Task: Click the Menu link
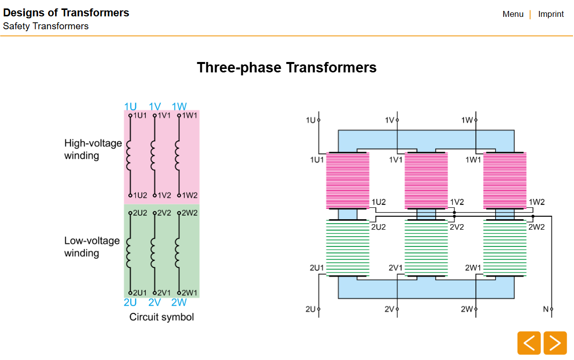coord(513,14)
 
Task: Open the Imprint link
coord(551,14)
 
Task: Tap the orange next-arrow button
coord(555,343)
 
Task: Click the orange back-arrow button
coord(529,343)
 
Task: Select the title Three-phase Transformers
coord(287,67)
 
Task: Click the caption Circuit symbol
coord(162,317)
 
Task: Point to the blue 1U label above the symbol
coord(130,107)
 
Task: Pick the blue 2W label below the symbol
coord(179,302)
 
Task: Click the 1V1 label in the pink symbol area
coord(164,115)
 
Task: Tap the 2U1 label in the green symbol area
coord(140,293)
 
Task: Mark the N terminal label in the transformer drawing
coord(546,309)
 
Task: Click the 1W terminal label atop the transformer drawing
coord(466,120)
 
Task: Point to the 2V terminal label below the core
coord(389,309)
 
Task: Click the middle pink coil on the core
coord(426,181)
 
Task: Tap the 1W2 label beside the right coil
coord(537,202)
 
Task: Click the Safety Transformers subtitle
coord(46,26)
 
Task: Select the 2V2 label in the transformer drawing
coord(457,227)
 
